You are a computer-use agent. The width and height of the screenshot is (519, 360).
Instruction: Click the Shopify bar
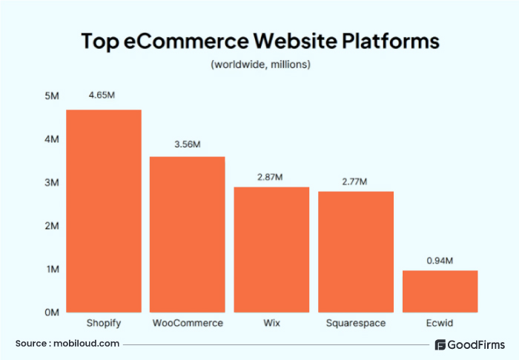[x=104, y=211]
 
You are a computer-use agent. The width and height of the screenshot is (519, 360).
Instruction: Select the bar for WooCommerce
[x=188, y=234]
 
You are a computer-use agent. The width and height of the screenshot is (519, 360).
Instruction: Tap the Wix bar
[x=271, y=249]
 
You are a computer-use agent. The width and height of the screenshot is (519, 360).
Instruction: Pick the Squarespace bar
[x=356, y=251]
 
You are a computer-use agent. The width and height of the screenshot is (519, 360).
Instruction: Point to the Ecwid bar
[x=440, y=291]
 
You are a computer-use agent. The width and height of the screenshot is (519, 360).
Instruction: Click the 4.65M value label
[x=103, y=96]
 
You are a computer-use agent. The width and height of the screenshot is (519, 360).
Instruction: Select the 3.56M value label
[x=188, y=144]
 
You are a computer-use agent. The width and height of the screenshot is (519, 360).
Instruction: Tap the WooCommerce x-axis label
[x=188, y=324]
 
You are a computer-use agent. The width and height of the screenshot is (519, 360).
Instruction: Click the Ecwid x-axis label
[x=440, y=324]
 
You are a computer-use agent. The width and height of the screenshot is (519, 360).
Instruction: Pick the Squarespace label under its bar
[x=356, y=324]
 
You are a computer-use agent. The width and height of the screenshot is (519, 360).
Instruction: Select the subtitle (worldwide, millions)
[x=260, y=64]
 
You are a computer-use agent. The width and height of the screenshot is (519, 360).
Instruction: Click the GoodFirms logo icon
[x=440, y=344]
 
